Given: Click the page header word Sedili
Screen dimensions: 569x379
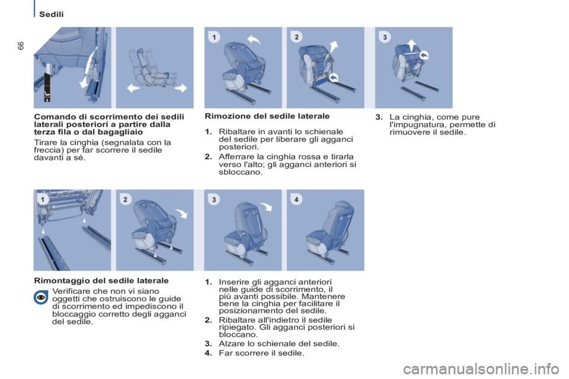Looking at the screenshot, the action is (51, 14).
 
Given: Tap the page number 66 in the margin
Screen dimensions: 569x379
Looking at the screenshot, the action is (21, 46).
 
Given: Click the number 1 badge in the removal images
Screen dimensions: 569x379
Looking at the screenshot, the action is (214, 37).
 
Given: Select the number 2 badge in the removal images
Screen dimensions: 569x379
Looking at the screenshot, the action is (296, 37).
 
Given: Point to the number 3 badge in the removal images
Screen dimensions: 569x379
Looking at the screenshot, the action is (385, 37).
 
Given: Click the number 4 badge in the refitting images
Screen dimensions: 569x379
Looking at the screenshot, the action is (296, 199).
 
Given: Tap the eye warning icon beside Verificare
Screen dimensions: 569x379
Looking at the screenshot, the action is (41, 297).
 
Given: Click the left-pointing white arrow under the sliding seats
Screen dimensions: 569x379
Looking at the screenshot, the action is (133, 88).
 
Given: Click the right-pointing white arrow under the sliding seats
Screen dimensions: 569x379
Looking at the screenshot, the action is (181, 88).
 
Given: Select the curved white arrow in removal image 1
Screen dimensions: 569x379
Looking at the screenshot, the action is (254, 39).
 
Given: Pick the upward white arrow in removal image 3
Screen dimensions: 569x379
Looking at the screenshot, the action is (411, 46).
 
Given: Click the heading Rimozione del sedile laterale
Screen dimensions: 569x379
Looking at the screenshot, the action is (267, 116).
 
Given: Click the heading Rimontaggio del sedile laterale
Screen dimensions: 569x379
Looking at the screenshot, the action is (101, 280).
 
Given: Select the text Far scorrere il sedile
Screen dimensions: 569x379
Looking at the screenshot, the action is (261, 353).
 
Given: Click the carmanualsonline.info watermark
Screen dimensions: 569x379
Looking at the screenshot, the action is (481, 369).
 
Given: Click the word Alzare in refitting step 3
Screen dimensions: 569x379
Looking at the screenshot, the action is (230, 343).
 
